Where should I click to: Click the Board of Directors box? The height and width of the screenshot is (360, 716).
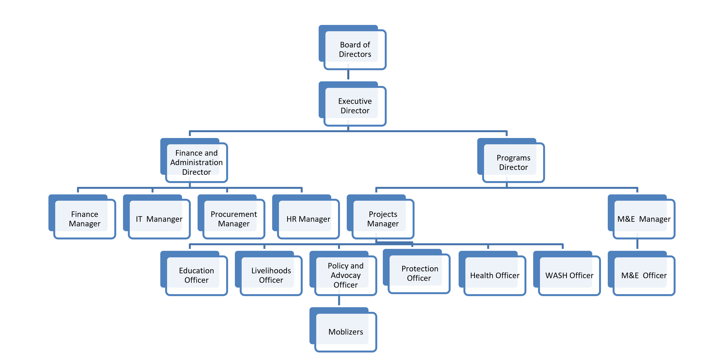tap(355, 49)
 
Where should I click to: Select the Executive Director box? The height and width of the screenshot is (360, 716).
tap(355, 106)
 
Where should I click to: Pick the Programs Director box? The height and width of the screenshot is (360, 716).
tap(513, 162)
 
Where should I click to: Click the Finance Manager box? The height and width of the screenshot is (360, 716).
tap(85, 219)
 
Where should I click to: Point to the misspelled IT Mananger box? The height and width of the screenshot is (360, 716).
tap(159, 219)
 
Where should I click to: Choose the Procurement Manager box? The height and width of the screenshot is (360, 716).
tap(233, 219)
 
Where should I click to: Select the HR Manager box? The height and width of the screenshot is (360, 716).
tap(308, 219)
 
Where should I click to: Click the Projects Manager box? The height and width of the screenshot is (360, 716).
tap(383, 219)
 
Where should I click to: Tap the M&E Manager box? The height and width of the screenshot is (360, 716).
tap(644, 219)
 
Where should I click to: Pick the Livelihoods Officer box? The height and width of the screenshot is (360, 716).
tap(271, 275)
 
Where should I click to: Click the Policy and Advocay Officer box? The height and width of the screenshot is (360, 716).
tap(346, 275)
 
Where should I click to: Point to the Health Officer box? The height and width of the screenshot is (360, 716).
tap(494, 275)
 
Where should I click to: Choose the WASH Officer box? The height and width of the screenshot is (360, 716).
tap(569, 275)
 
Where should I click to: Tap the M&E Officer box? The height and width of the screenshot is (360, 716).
tap(644, 275)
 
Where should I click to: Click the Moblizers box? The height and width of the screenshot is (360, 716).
tap(346, 331)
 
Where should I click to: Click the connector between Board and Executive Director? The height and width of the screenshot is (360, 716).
tap(348, 75)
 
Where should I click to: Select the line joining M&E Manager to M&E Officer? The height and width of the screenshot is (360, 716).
tap(637, 244)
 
